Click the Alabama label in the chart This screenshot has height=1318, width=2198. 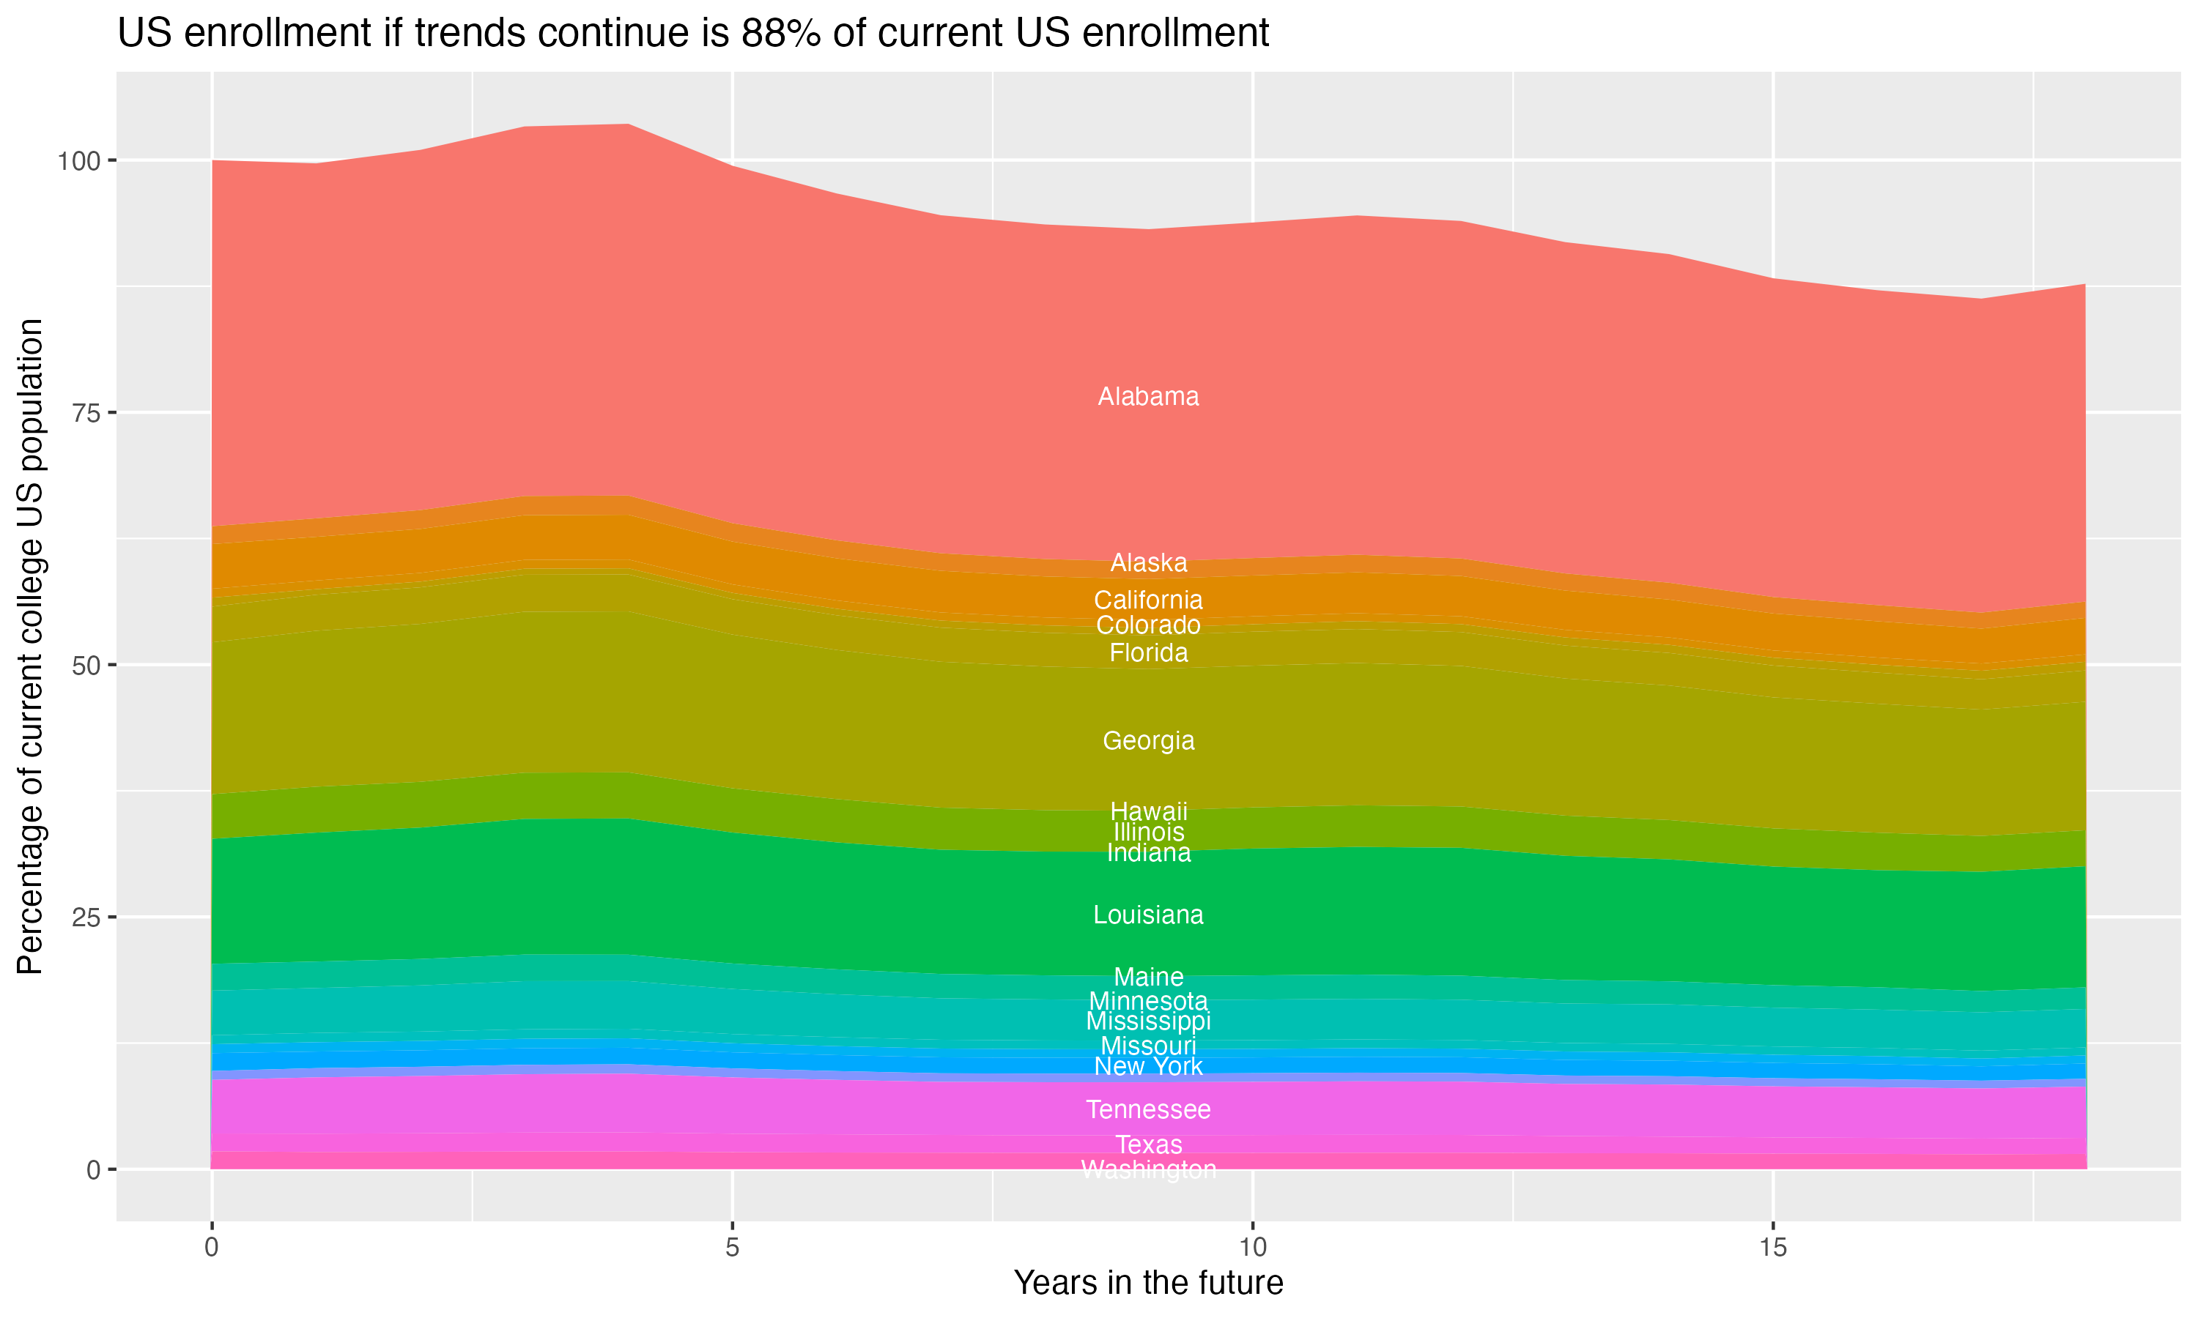1148,396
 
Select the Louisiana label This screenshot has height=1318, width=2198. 1148,914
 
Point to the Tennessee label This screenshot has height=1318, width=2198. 1148,1109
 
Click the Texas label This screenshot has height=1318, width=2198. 1148,1144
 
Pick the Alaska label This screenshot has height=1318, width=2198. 1148,562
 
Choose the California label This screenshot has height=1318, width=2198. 1148,600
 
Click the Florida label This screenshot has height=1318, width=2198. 1148,653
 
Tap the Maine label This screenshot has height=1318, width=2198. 1148,976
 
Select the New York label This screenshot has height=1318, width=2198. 1148,1066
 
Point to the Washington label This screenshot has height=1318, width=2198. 1148,1169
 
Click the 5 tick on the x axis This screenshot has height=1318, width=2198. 732,1247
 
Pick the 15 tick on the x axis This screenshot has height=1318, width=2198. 1772,1247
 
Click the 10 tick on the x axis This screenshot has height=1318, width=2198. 1252,1247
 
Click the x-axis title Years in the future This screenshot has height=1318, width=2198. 1148,1282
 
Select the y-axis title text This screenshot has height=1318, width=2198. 30,646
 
